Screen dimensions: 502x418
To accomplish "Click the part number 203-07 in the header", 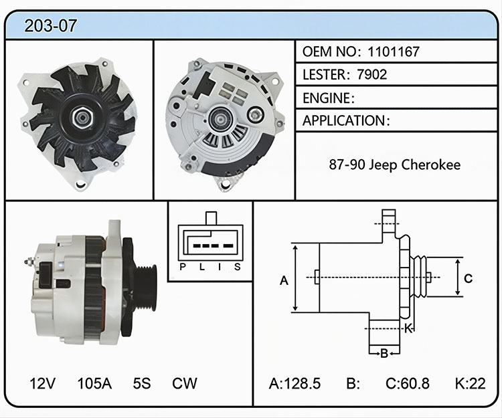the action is pos(50,26).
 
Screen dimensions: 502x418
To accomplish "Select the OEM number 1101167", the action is pos(394,51).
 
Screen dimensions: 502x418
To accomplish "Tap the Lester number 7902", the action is pos(372,74).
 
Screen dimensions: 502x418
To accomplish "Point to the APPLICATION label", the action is pos(344,121).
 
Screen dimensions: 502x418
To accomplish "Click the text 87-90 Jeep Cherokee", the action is pos(395,165).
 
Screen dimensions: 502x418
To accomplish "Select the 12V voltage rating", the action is pos(42,383).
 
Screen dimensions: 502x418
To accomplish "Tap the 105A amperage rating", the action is pos(94,383).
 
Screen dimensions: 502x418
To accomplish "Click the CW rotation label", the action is pos(185,383).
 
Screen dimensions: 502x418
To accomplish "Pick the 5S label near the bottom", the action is pos(142,383).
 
